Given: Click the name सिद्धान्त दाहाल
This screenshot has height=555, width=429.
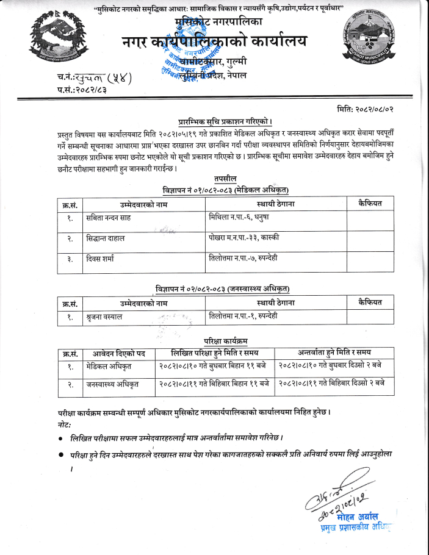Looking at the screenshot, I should (105, 238).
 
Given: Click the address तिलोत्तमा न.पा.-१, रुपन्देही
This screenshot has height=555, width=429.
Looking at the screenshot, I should (242, 316).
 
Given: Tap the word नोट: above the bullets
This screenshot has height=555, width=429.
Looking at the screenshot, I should (63, 423).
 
